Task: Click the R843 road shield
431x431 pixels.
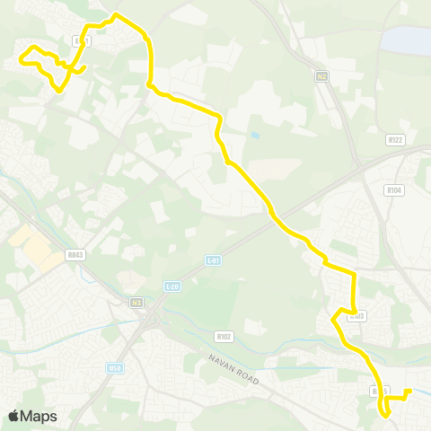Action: pyautogui.click(x=75, y=254)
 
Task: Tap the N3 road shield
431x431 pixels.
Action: pyautogui.click(x=137, y=302)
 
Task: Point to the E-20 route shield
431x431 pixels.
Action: pyautogui.click(x=173, y=286)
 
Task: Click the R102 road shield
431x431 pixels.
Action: pyautogui.click(x=224, y=336)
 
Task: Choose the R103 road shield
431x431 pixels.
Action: pyautogui.click(x=356, y=315)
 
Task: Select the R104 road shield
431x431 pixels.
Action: pyautogui.click(x=393, y=190)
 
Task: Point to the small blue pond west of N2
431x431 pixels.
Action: pyautogui.click(x=256, y=136)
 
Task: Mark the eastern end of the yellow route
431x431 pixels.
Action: pyautogui.click(x=409, y=390)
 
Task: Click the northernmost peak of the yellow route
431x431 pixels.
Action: pyautogui.click(x=116, y=14)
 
